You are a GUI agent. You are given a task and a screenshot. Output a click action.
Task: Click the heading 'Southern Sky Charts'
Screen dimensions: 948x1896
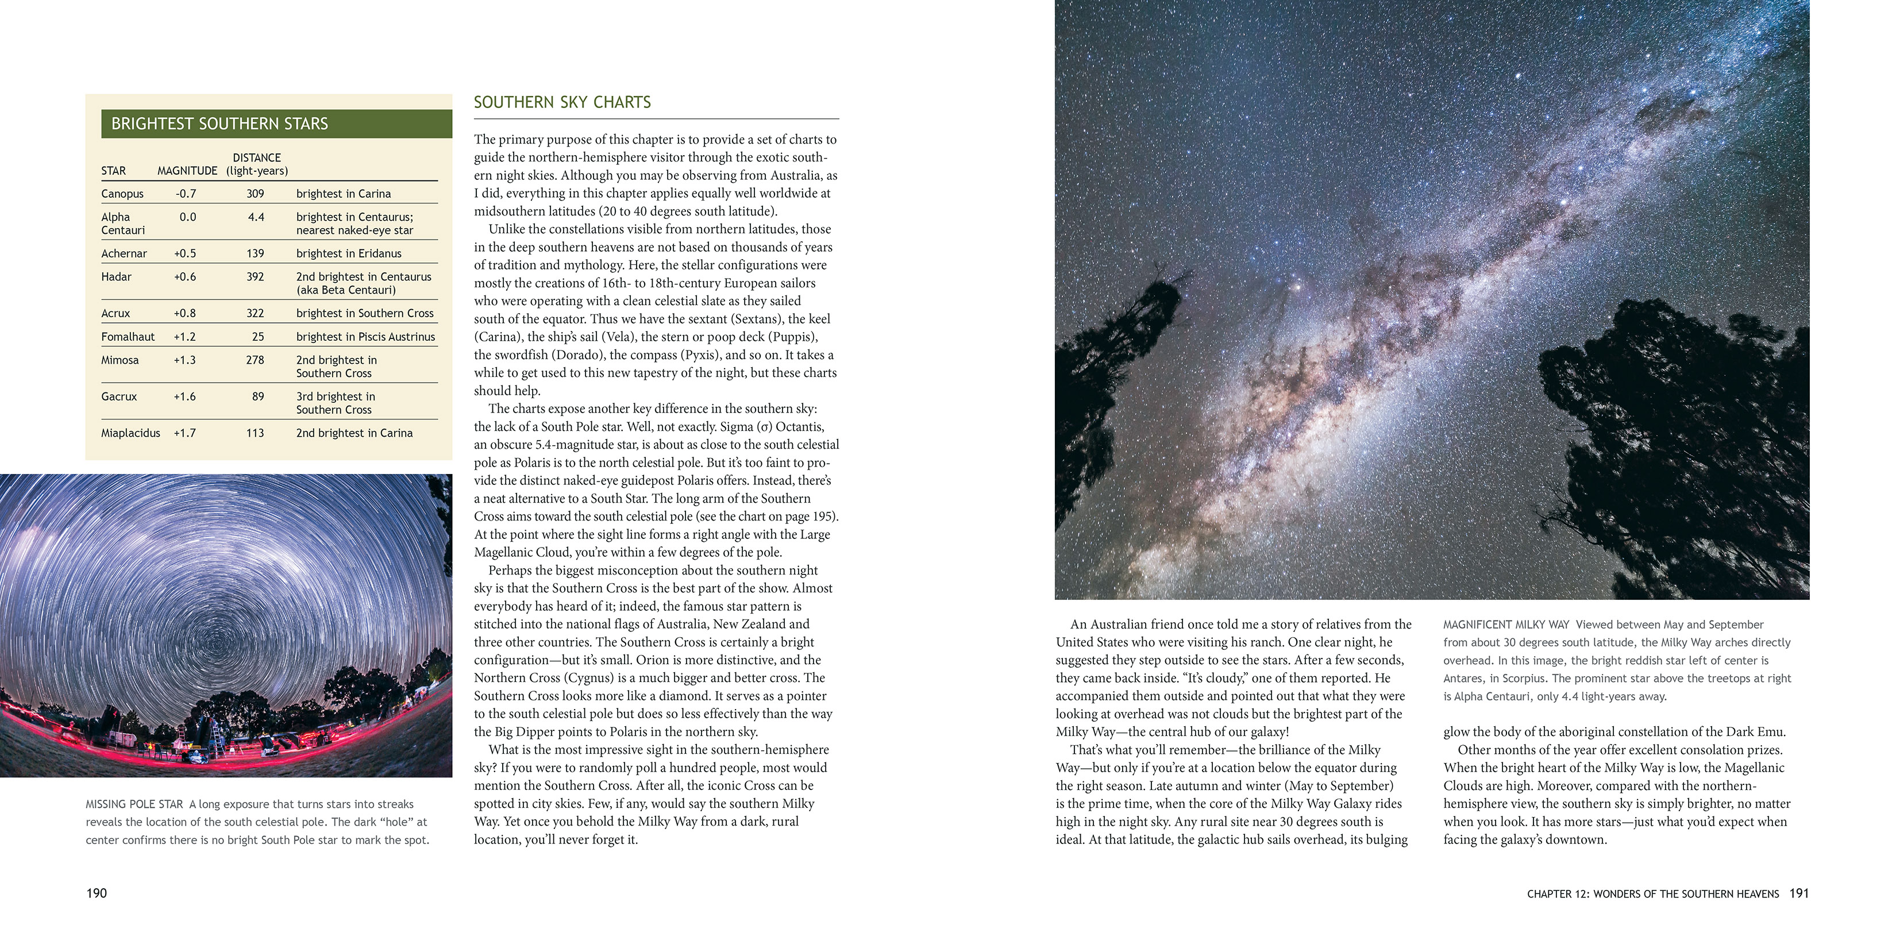coord(562,102)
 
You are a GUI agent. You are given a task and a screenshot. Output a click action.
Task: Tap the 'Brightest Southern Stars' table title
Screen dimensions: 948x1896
coord(219,124)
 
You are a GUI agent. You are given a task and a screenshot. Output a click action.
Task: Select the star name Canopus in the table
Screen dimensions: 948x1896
coord(122,194)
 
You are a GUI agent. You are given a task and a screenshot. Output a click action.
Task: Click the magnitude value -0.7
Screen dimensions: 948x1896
coord(186,194)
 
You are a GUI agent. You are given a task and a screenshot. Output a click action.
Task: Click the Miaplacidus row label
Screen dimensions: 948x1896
coord(130,433)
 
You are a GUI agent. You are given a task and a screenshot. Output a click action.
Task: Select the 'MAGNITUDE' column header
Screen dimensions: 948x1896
coord(187,171)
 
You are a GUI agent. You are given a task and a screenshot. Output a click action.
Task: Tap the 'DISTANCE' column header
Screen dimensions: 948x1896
coord(257,157)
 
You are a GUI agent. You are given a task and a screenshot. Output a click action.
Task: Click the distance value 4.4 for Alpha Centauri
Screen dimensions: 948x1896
coord(256,217)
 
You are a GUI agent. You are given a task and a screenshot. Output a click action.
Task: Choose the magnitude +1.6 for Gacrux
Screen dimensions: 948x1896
coord(185,396)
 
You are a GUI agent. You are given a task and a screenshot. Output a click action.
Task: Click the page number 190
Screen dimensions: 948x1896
coord(97,893)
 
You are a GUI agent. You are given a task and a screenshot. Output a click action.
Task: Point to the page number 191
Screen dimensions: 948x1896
coord(1799,893)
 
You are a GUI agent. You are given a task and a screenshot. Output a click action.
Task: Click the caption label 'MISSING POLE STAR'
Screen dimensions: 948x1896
coord(134,804)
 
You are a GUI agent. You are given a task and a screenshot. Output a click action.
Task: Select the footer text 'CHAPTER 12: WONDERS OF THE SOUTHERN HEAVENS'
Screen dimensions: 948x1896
coord(1652,893)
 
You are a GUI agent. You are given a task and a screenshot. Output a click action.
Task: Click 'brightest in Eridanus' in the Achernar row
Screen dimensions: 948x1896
coord(349,253)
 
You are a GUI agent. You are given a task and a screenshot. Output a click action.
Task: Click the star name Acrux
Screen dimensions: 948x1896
coord(115,313)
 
